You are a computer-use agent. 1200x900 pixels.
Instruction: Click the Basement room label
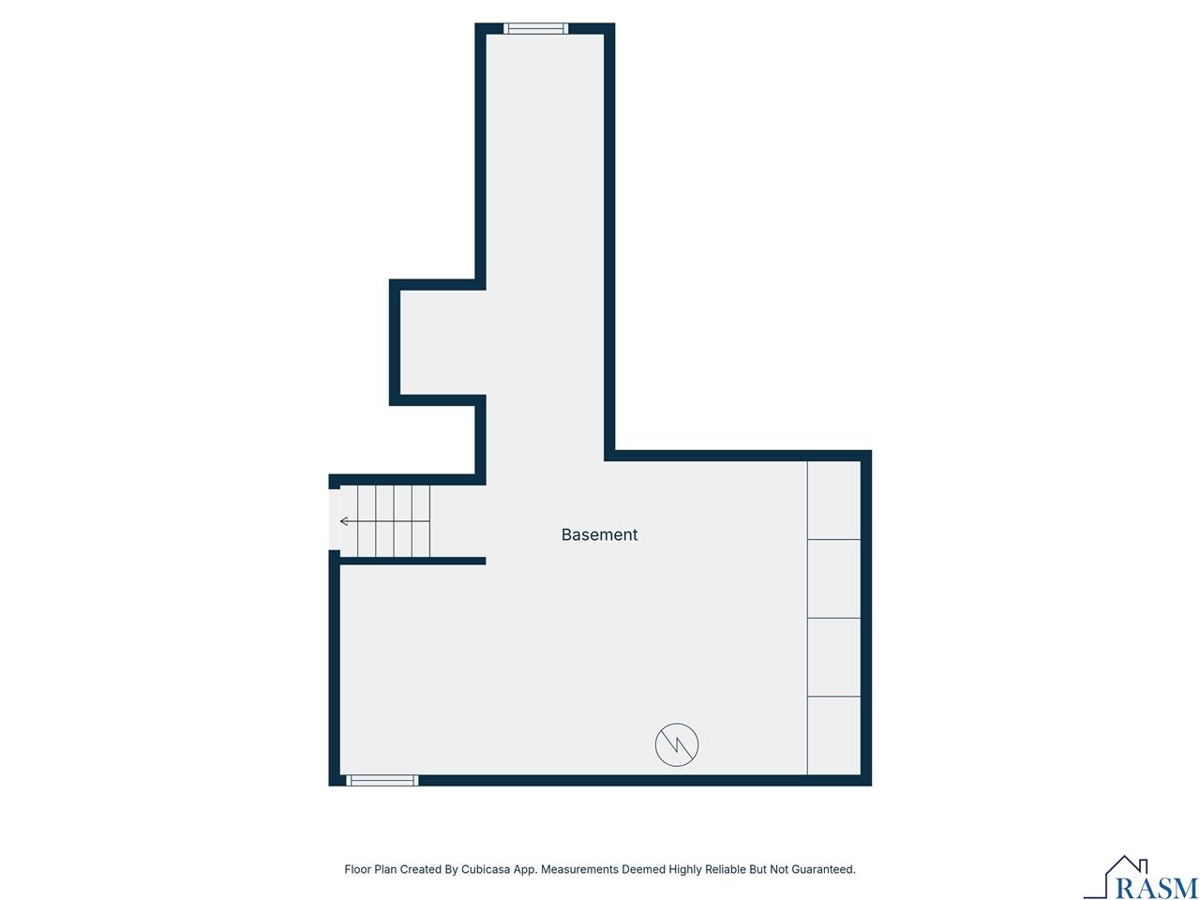pyautogui.click(x=599, y=534)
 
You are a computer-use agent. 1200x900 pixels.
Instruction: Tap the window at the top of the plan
pyautogui.click(x=536, y=28)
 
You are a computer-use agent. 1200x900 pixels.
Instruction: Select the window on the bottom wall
pyautogui.click(x=382, y=780)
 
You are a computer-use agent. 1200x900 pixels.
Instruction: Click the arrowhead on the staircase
pyautogui.click(x=344, y=521)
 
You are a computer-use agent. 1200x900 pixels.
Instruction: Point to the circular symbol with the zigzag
pyautogui.click(x=676, y=745)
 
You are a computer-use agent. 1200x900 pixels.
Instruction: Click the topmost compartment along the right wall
pyautogui.click(x=833, y=500)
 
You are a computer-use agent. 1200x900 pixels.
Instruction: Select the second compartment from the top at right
pyautogui.click(x=833, y=578)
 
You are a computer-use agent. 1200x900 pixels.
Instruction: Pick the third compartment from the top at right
pyautogui.click(x=833, y=657)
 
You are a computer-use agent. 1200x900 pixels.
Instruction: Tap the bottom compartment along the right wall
pyautogui.click(x=833, y=736)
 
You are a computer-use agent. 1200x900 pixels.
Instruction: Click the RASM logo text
pyautogui.click(x=1157, y=887)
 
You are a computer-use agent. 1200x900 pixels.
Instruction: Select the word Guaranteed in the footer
pyautogui.click(x=823, y=870)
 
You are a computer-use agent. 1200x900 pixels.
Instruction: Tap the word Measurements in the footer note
pyautogui.click(x=580, y=870)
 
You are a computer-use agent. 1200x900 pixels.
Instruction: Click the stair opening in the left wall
pyautogui.click(x=334, y=519)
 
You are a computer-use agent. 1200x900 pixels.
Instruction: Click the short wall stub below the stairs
pyautogui.click(x=412, y=561)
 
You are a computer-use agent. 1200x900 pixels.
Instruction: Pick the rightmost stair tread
pyautogui.click(x=421, y=521)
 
